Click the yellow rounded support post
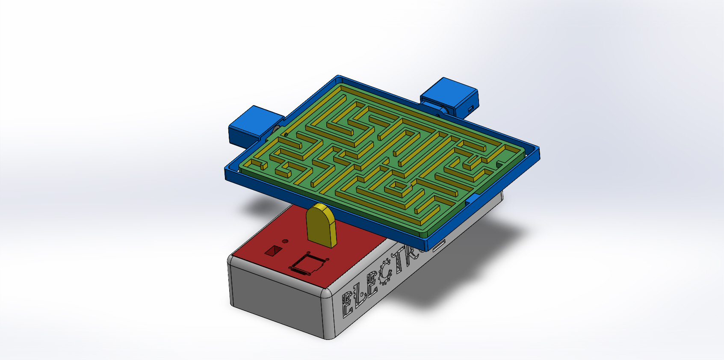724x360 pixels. [x=321, y=225]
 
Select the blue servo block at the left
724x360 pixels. [x=250, y=124]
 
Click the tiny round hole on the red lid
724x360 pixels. [x=285, y=242]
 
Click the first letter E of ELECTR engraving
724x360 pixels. [x=348, y=304]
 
